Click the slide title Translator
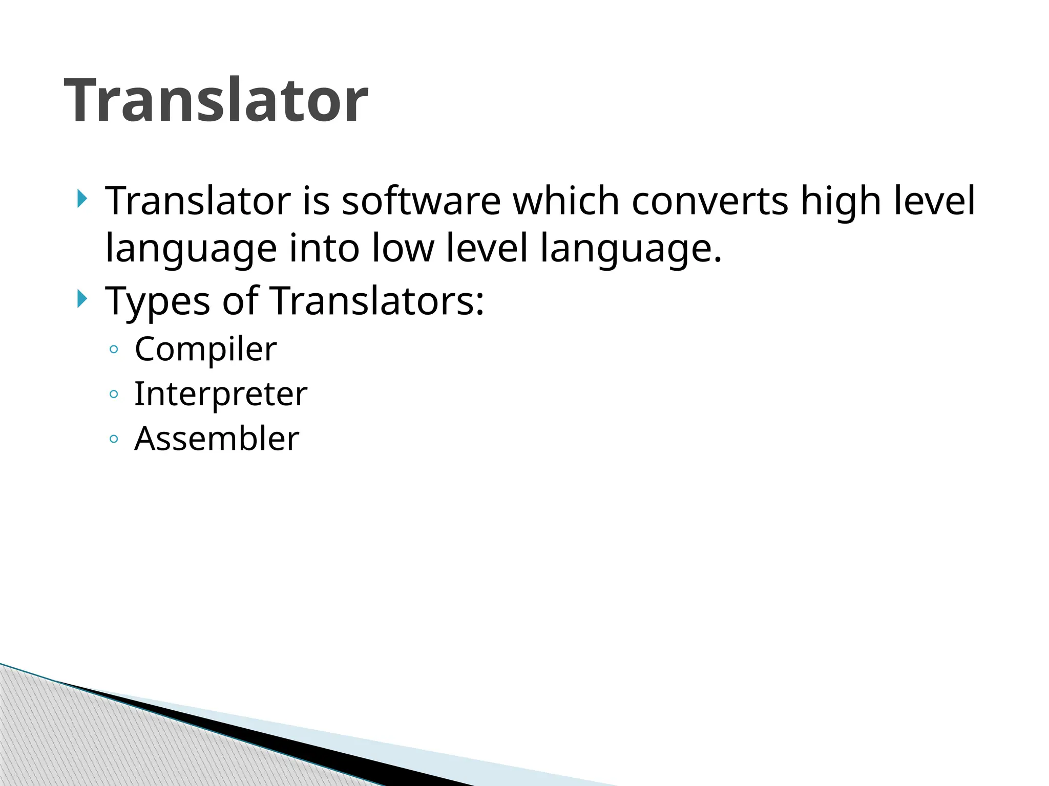[x=216, y=100]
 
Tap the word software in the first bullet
[x=421, y=201]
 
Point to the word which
[x=566, y=201]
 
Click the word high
[x=841, y=202]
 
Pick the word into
[x=324, y=248]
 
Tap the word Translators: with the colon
[x=376, y=301]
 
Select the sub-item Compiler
[x=205, y=350]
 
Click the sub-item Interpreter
[x=221, y=395]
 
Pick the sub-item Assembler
[x=217, y=439]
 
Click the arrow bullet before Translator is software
[x=81, y=199]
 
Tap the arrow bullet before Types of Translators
[x=81, y=298]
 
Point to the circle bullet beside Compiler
[x=114, y=350]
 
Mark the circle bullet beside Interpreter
[x=114, y=395]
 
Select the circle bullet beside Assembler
[x=114, y=439]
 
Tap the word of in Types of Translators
[x=240, y=301]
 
